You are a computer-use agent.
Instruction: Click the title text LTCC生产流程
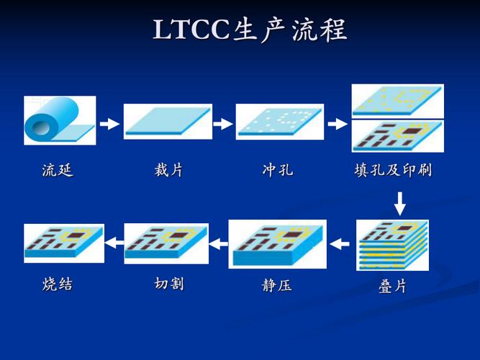click(250, 30)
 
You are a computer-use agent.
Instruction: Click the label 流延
click(58, 171)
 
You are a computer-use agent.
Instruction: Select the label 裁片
click(168, 171)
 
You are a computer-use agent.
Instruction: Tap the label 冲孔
click(278, 171)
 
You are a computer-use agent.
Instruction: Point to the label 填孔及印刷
click(393, 171)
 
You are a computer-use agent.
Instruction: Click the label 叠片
click(393, 286)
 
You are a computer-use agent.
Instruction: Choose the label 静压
click(277, 285)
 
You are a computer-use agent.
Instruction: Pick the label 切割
click(168, 284)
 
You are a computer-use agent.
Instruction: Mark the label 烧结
click(58, 284)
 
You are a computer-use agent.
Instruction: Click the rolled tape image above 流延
click(59, 121)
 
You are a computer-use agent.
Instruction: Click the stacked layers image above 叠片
click(392, 245)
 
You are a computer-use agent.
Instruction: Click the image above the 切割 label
click(166, 243)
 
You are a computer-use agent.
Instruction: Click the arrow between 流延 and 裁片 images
click(109, 124)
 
